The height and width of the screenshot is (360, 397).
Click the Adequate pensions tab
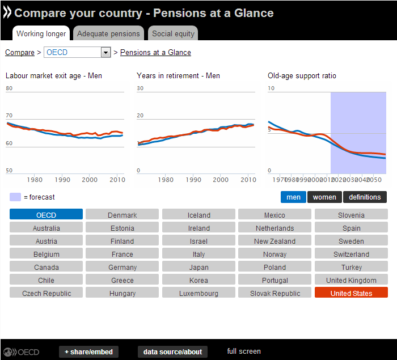108,33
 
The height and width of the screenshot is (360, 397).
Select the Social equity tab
173,33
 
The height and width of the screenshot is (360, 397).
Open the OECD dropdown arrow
105,53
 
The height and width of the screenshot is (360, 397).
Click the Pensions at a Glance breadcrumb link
155,53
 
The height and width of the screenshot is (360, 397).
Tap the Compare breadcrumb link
20,53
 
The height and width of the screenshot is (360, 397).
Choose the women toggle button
324,197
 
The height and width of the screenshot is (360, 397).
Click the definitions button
365,197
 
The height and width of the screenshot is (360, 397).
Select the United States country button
351,293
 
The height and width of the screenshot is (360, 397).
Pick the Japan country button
198,267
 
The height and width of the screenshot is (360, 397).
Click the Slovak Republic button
275,293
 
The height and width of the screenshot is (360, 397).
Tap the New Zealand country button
275,241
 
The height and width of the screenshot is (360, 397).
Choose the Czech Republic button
47,293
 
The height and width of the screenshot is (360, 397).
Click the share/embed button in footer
88,352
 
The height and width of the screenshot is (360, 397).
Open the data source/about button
172,352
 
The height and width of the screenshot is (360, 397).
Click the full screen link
244,351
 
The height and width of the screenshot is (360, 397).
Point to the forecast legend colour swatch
15,197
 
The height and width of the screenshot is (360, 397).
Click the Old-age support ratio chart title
302,75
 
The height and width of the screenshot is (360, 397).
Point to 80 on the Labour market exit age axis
9,88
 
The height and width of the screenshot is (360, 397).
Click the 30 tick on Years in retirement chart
140,88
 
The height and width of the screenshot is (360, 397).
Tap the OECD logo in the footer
21,352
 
